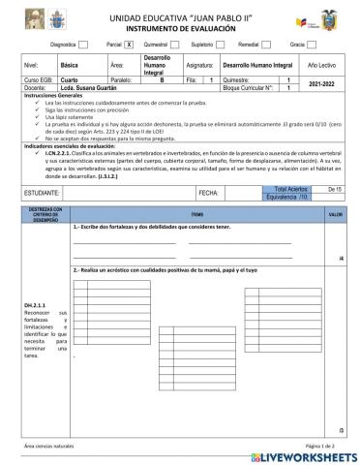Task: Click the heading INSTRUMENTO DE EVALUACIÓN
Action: coord(180,29)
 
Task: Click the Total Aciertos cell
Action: coord(286,161)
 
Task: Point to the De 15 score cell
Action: coord(335,161)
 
